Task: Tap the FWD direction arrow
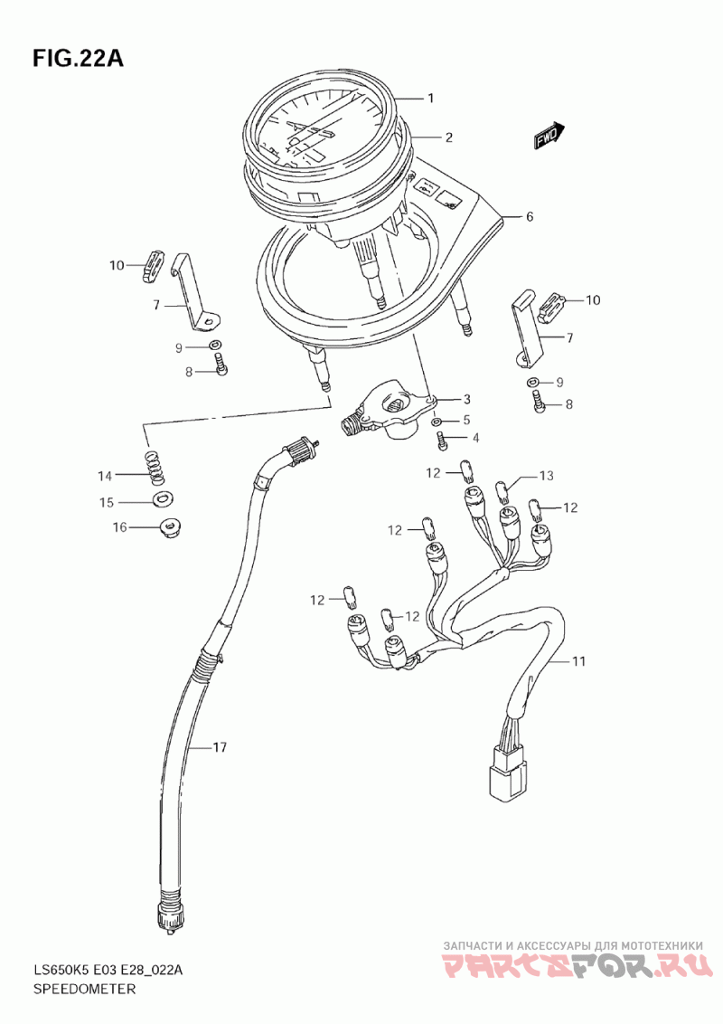click(x=549, y=136)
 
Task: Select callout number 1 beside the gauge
click(x=431, y=98)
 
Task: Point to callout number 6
click(x=530, y=216)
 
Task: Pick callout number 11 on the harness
click(x=577, y=661)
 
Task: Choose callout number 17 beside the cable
click(x=220, y=747)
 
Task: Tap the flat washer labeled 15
click(x=164, y=498)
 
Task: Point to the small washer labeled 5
click(x=438, y=422)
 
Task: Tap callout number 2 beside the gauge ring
click(x=447, y=138)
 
